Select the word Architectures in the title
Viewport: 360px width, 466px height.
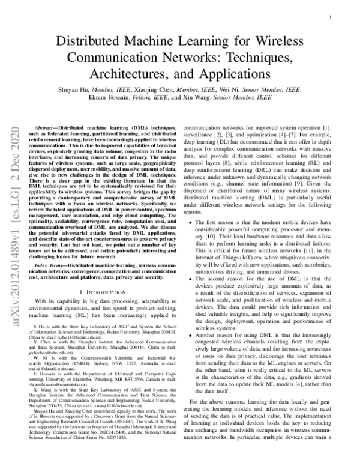pos(126,74)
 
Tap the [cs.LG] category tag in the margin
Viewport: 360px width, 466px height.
pos(13,217)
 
